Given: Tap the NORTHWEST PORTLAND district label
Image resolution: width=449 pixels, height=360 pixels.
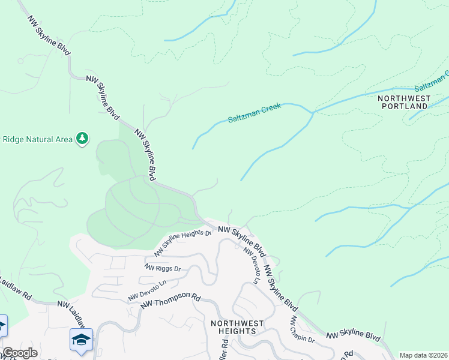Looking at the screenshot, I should (405, 101).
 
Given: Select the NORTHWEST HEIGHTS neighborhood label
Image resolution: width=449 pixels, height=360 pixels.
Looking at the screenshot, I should (237, 328).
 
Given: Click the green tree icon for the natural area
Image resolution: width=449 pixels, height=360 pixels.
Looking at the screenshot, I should (82, 139).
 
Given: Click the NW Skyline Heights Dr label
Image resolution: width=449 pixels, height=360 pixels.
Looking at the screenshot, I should (183, 242).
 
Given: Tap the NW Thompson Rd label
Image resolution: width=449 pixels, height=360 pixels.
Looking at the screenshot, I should (170, 301).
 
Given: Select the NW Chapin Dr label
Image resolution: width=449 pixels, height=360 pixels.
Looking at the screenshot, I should (303, 330).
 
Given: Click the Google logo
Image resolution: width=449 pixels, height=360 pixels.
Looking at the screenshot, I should (20, 353).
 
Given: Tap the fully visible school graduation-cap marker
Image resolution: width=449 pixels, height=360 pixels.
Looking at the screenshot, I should (82, 340).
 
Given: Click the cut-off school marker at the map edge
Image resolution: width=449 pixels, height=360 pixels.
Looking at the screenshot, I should (2, 326).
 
